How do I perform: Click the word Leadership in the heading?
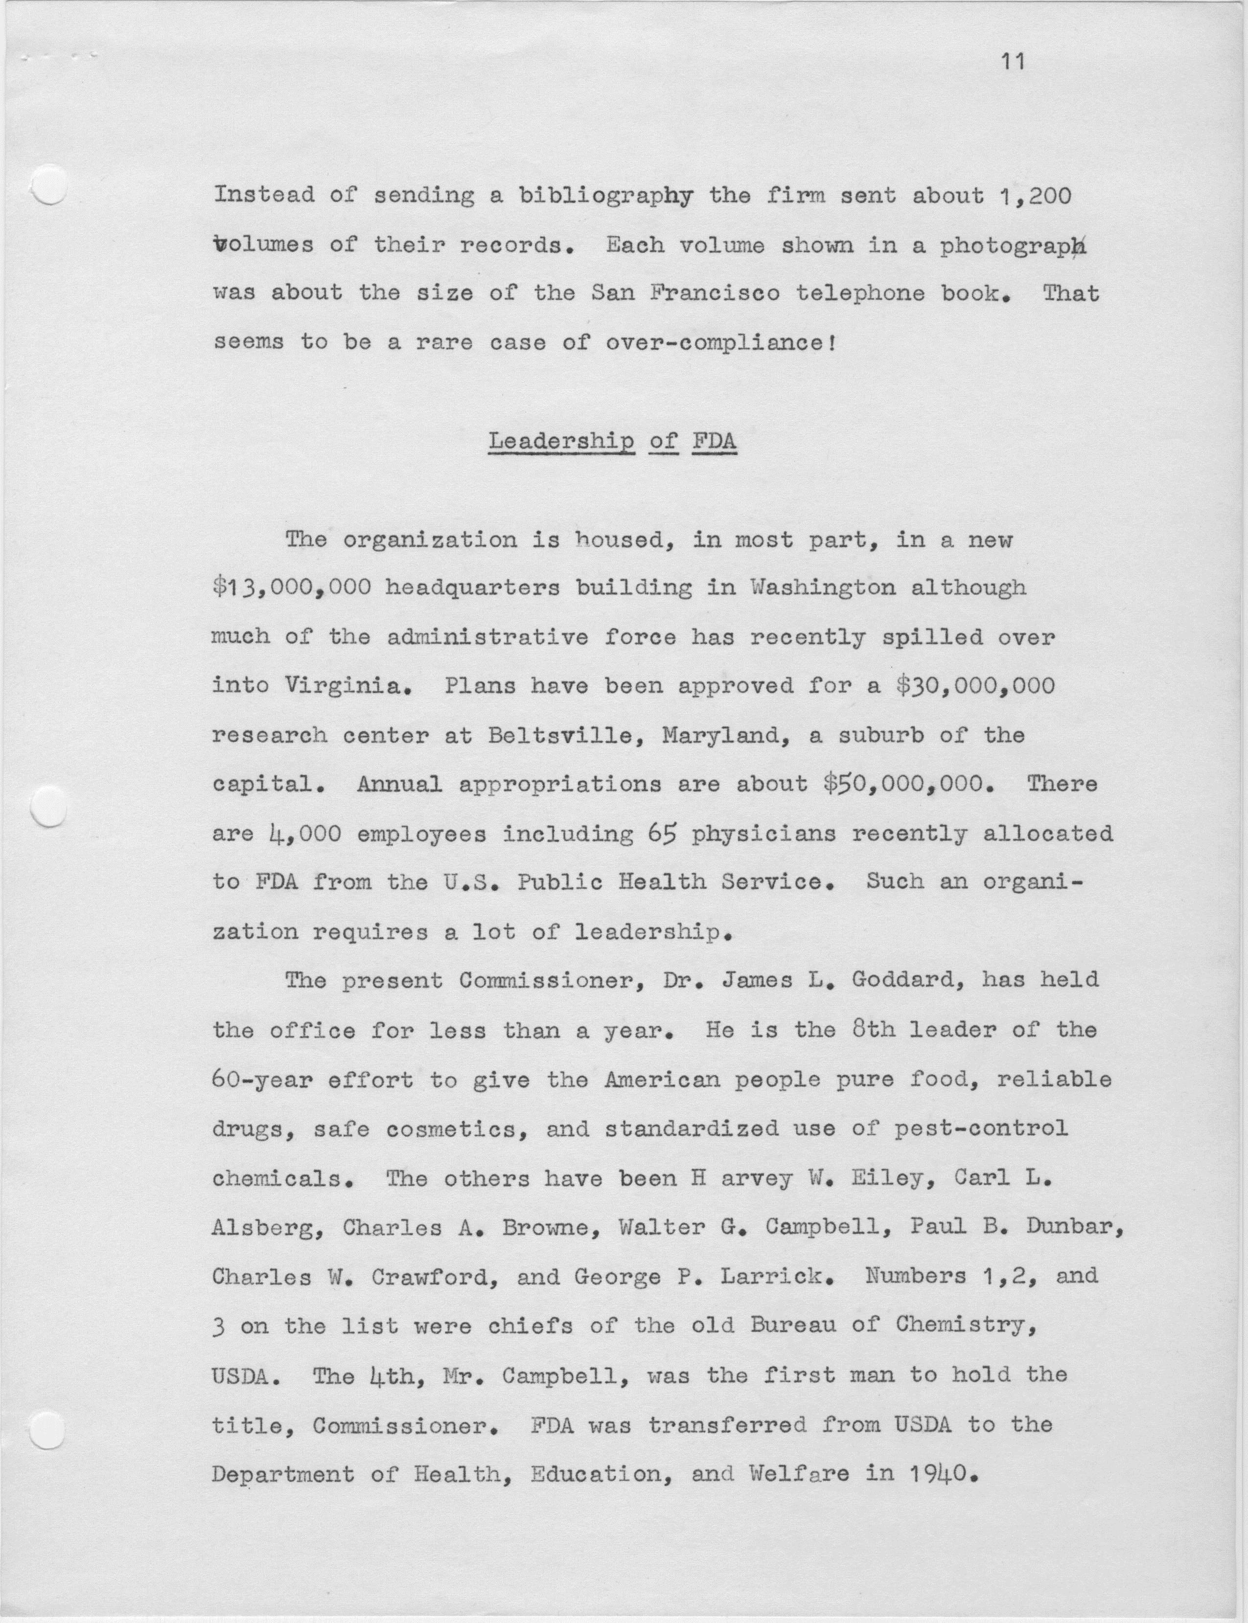pos(562,441)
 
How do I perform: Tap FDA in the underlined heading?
pos(714,441)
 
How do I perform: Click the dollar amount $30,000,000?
pos(974,685)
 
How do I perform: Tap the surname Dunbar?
pos(1075,1227)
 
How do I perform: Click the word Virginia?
pos(347,685)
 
